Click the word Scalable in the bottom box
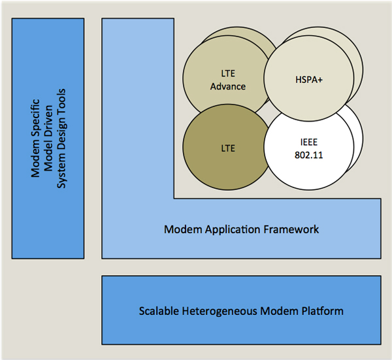click(x=159, y=311)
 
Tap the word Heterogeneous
click(x=220, y=312)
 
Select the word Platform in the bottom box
click(x=322, y=311)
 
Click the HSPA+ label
click(x=309, y=80)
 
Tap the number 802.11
click(x=309, y=155)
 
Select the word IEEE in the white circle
click(x=309, y=142)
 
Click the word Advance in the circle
click(x=228, y=86)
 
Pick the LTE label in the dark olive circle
click(x=228, y=148)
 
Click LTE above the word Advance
click(x=228, y=73)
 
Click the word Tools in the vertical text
click(x=61, y=99)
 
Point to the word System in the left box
click(x=62, y=173)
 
